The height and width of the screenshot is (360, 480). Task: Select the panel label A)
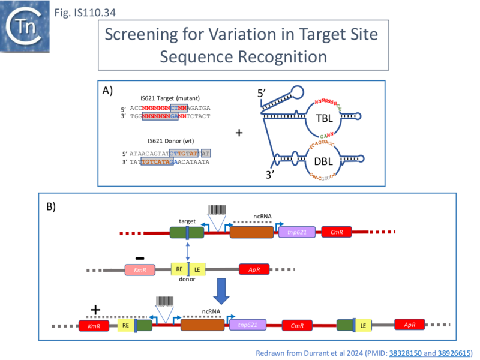pyautogui.click(x=109, y=91)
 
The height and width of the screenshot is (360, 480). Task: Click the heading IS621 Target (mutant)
pyautogui.click(x=170, y=98)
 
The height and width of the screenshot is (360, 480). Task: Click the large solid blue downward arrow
pyautogui.click(x=222, y=294)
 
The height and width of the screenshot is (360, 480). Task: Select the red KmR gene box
pyautogui.click(x=94, y=326)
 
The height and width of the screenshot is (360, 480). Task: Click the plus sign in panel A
pyautogui.click(x=239, y=133)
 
